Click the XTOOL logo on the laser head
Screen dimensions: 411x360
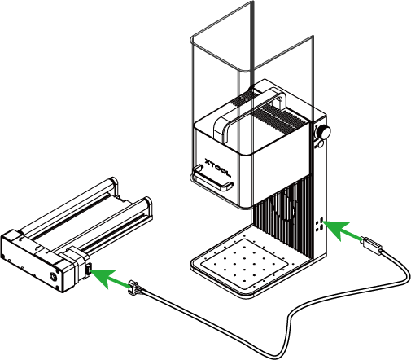click(217, 167)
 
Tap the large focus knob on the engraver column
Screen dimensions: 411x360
click(323, 132)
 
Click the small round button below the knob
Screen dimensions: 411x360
click(321, 144)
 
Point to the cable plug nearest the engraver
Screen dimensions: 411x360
click(372, 246)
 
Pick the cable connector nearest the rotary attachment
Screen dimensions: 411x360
click(133, 288)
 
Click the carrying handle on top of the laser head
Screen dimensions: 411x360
click(250, 114)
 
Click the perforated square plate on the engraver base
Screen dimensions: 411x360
click(244, 263)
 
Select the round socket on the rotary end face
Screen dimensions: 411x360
click(53, 277)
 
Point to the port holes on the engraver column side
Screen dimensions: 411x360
click(319, 225)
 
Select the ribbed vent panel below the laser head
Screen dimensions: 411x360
click(282, 215)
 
